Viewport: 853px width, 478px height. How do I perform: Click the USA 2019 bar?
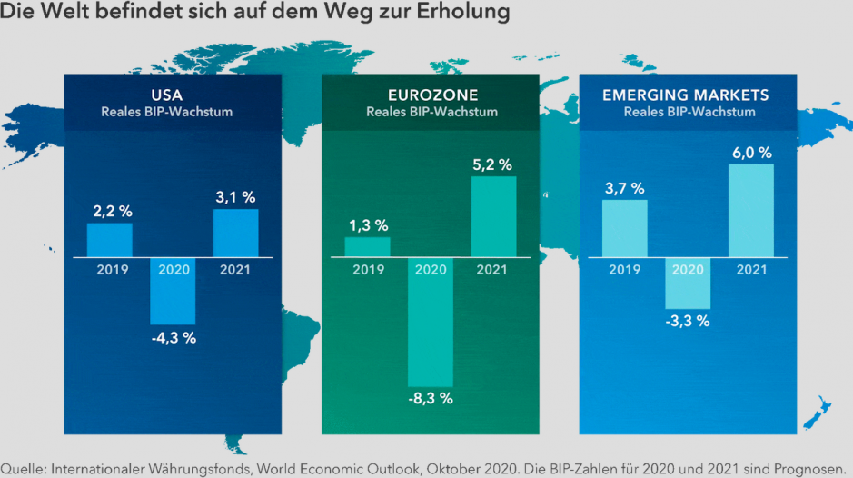[109, 240]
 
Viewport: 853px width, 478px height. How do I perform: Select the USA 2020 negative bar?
[173, 291]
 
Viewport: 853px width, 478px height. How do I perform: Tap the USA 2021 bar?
[235, 233]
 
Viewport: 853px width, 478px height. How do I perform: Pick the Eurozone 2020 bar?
[430, 322]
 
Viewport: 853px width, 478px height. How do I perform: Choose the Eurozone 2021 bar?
[492, 216]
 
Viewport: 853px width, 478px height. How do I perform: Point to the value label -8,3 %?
[430, 399]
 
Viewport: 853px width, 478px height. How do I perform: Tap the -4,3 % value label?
[173, 337]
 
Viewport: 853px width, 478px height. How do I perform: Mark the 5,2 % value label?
[492, 164]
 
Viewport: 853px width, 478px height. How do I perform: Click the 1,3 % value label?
[368, 224]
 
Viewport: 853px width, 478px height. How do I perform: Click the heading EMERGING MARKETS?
[686, 95]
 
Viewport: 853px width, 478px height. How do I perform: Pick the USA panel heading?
[172, 95]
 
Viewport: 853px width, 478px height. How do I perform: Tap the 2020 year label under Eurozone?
[430, 269]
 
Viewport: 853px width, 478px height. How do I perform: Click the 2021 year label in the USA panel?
[235, 269]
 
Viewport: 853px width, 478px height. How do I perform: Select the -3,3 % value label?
[688, 321]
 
